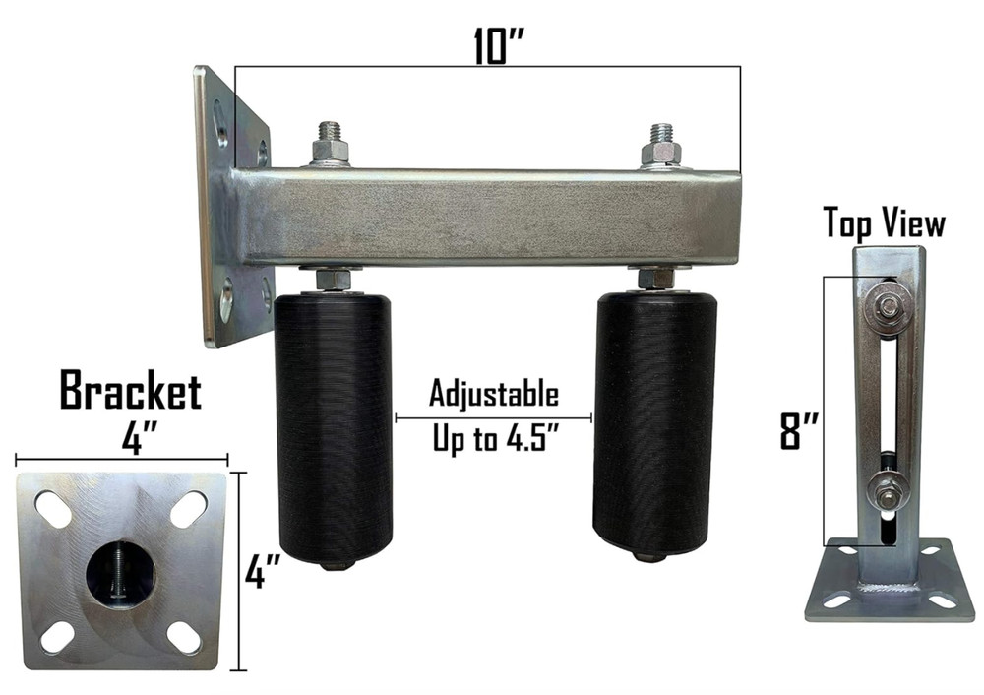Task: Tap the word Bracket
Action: coord(130,391)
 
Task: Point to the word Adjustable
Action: coord(493,395)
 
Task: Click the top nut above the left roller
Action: coord(331,149)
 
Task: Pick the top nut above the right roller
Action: coord(661,150)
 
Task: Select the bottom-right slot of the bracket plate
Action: coord(184,638)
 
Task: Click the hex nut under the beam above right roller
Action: coord(655,279)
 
